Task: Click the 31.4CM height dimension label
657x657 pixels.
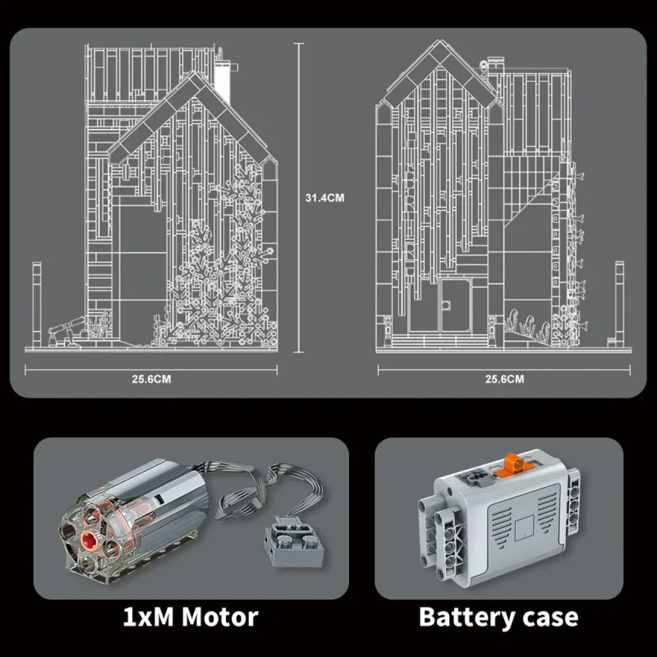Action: point(325,198)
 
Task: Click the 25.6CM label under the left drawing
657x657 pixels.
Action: point(151,379)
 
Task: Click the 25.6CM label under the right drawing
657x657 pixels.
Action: point(504,379)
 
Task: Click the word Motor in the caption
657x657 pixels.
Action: point(220,617)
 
